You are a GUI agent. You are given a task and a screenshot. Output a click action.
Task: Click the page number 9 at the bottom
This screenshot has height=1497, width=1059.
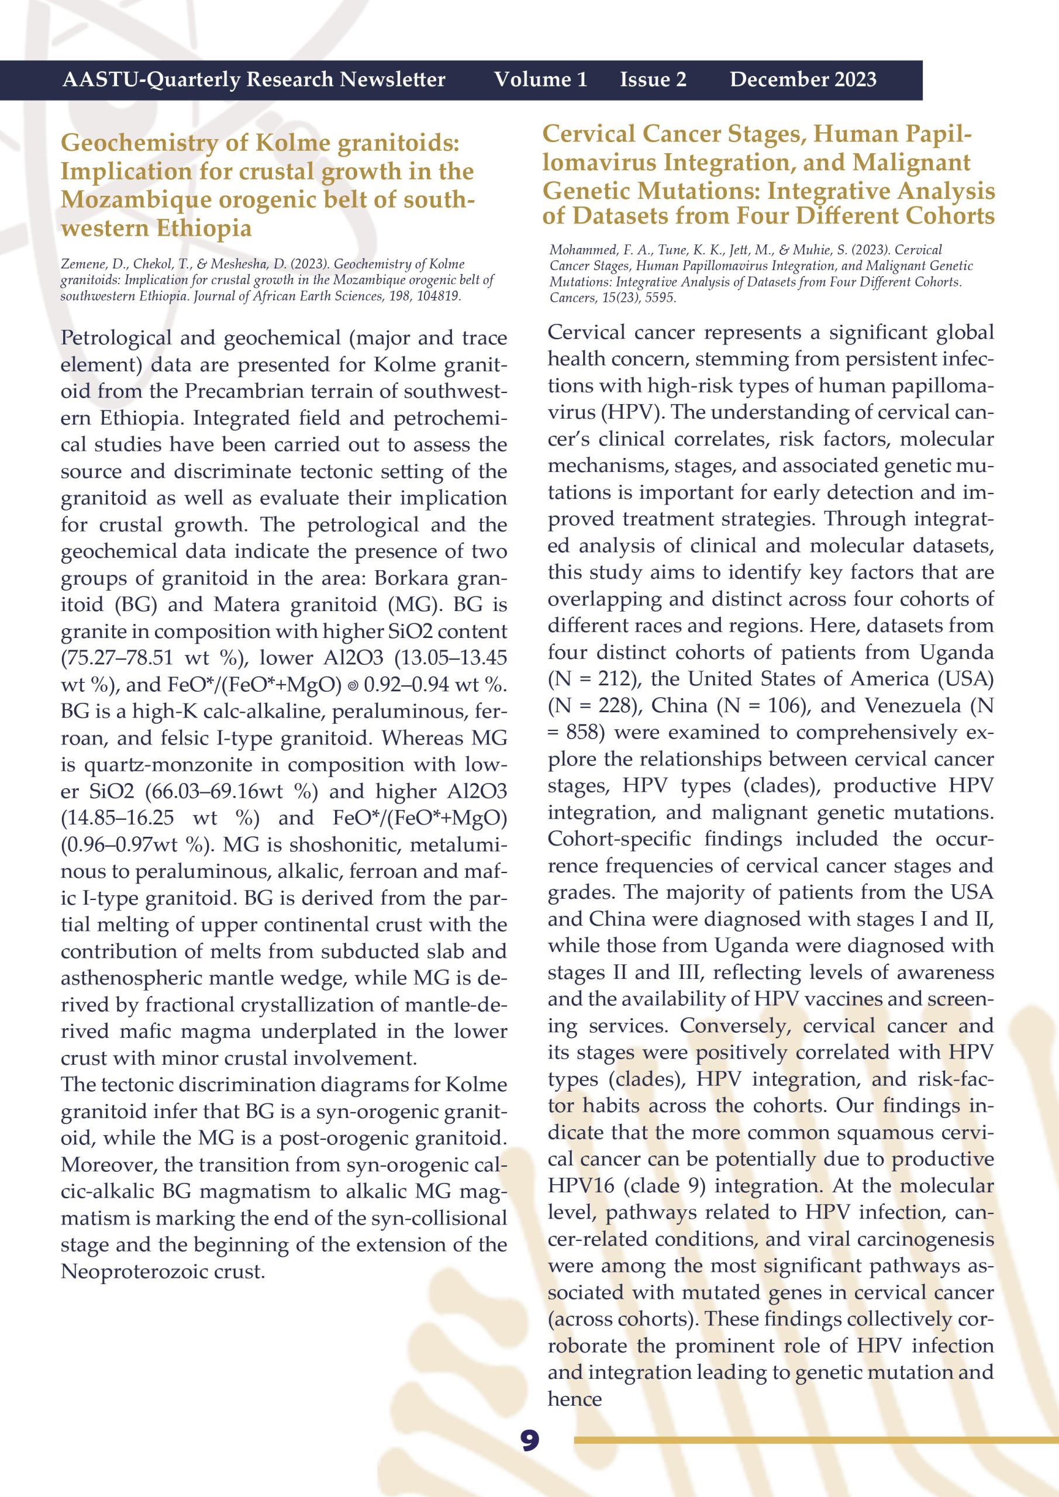click(x=530, y=1440)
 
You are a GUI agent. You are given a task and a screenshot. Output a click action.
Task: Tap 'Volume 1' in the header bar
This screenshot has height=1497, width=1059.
click(x=540, y=80)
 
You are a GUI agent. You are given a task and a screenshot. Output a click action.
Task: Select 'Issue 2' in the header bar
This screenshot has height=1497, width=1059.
click(x=653, y=80)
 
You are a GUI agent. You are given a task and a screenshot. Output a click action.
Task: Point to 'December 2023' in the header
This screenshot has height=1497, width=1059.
click(x=803, y=80)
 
